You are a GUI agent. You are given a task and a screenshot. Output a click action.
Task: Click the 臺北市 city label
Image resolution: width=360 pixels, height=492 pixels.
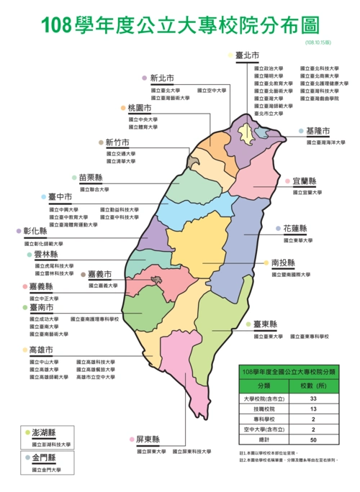(x=248, y=55)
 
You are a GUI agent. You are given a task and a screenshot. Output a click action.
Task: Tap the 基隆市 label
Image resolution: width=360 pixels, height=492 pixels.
(x=318, y=132)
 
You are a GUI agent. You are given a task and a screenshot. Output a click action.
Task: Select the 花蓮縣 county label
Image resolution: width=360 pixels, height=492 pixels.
(x=293, y=229)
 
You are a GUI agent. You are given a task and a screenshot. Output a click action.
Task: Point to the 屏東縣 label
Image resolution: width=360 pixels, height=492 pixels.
(x=148, y=439)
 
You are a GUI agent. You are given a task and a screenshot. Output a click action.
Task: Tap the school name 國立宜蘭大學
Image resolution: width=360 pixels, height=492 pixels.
(x=307, y=193)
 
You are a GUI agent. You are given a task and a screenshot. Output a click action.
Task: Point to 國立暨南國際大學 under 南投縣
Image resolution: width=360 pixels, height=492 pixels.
(x=292, y=274)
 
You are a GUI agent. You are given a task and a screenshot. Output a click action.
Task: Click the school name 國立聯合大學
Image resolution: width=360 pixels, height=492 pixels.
(x=94, y=189)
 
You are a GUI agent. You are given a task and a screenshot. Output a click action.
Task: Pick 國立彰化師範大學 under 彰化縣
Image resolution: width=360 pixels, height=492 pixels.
(x=45, y=244)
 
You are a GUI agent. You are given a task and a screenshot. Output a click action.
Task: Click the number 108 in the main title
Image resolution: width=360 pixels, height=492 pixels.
(x=57, y=26)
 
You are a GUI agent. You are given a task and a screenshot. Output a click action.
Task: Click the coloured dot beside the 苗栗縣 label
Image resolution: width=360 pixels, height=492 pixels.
(x=73, y=178)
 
